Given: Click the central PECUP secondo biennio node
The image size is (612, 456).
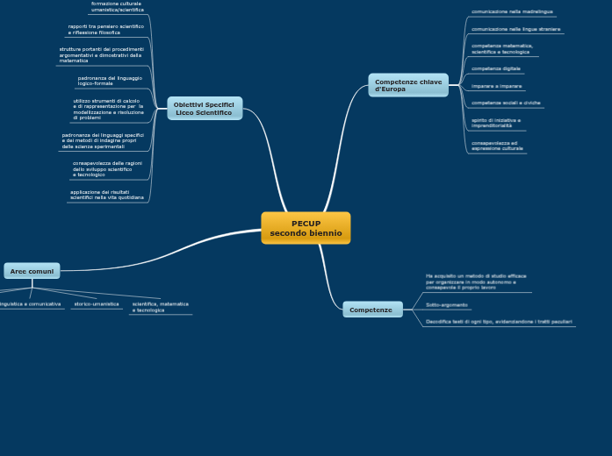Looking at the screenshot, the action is click(x=306, y=228).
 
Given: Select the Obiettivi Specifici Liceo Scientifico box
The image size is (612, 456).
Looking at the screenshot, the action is click(x=204, y=109).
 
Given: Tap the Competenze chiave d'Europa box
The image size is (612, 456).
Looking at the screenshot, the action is click(x=408, y=85).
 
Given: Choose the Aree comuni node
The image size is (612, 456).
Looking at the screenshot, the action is click(x=32, y=271).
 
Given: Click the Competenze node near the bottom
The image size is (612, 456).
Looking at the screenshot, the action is click(x=372, y=310).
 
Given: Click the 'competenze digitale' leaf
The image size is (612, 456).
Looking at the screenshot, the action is click(x=496, y=68).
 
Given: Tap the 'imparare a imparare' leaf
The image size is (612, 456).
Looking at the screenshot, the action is click(x=496, y=86).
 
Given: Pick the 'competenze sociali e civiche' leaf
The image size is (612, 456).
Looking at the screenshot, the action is click(x=506, y=103).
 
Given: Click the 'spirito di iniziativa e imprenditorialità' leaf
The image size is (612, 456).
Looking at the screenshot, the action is click(x=496, y=123).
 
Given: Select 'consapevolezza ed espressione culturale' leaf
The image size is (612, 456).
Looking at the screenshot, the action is click(x=497, y=146).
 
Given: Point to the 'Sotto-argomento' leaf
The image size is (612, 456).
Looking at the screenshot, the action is click(x=446, y=305).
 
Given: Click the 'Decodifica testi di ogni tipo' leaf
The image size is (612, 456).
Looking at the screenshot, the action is click(x=498, y=322).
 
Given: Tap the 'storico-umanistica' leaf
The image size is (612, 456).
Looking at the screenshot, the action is click(x=97, y=304).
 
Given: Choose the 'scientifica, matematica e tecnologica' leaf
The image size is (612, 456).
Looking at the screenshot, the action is click(x=160, y=307).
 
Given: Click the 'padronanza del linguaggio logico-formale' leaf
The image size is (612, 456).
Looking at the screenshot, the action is click(x=110, y=81).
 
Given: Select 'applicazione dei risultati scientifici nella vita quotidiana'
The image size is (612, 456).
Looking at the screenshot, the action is click(x=107, y=195).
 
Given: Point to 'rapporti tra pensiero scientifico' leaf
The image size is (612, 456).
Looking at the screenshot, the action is click(x=106, y=30).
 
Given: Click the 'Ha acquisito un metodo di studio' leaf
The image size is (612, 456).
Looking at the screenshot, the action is click(x=476, y=281).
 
